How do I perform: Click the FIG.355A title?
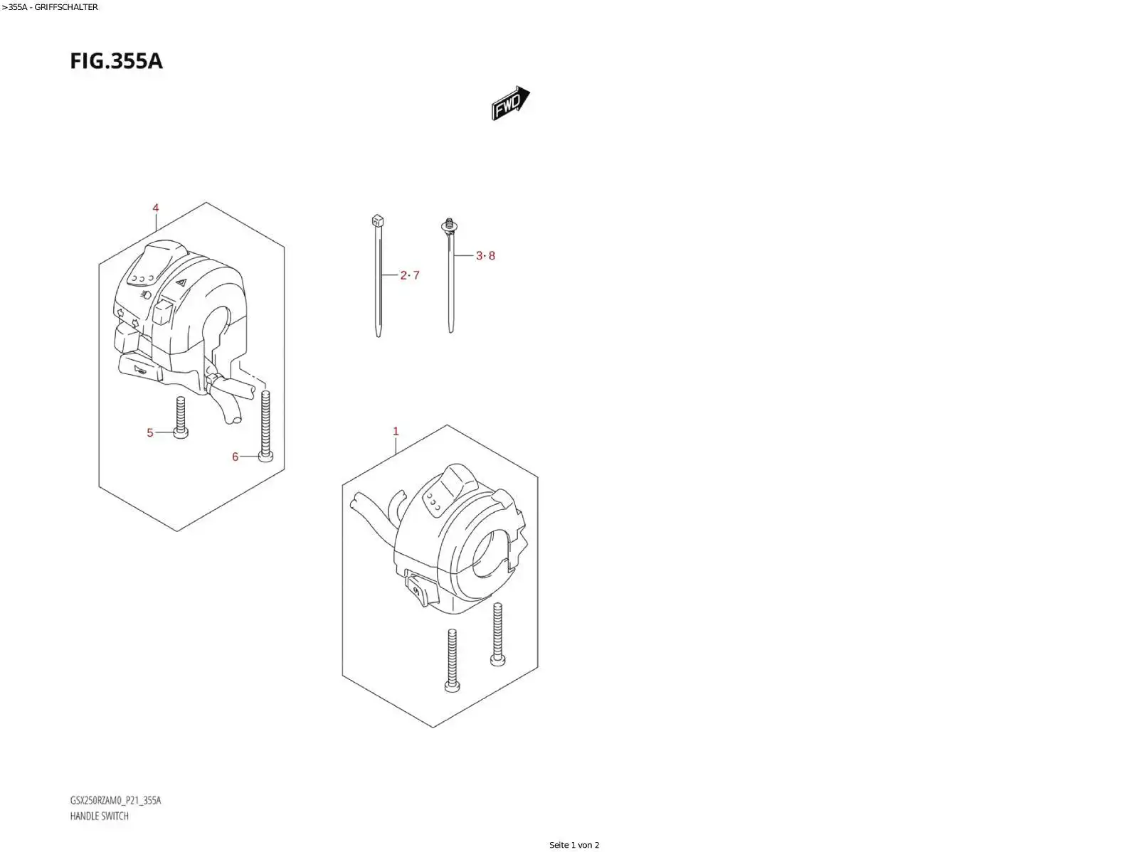116,61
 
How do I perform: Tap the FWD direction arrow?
510,103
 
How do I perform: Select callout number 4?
155,208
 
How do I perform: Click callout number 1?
396,431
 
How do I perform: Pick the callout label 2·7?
410,275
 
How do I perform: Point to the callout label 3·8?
485,256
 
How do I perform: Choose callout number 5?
150,432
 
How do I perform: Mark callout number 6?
236,457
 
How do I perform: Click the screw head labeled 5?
180,433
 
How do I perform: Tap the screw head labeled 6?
265,457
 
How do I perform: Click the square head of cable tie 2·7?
378,221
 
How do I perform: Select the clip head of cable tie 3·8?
449,225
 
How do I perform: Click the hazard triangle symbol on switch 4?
181,282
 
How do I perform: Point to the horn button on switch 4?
140,369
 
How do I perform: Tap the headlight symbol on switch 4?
146,294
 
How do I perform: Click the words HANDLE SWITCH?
100,816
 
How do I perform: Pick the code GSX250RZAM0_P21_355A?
115,800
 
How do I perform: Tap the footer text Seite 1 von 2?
574,845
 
